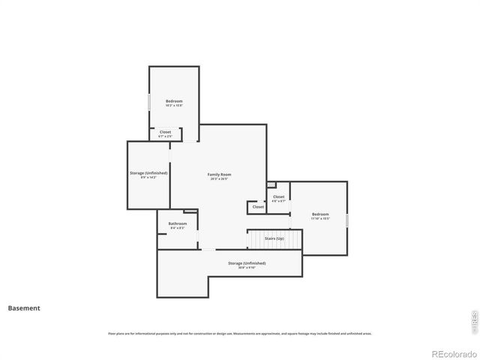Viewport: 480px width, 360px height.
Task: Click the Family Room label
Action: click(x=219, y=174)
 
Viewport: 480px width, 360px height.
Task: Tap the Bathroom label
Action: click(x=178, y=223)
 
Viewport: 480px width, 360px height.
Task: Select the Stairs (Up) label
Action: click(x=274, y=238)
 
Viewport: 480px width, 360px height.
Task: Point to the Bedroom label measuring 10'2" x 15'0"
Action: click(x=174, y=100)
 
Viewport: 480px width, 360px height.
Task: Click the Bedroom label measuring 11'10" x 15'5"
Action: click(x=320, y=214)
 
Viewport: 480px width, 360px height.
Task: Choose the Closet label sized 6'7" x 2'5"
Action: click(x=165, y=132)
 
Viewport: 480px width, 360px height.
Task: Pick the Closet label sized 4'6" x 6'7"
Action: click(x=278, y=196)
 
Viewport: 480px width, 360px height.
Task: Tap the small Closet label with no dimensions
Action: click(x=258, y=207)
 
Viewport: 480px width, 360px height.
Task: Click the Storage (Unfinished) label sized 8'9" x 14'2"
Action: click(x=148, y=172)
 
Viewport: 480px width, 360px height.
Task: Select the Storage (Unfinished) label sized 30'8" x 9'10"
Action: click(x=247, y=263)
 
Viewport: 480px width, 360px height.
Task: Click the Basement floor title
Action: click(x=24, y=307)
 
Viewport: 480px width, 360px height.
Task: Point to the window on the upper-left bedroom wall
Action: click(x=149, y=101)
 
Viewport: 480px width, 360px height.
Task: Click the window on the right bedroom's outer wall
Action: click(x=347, y=220)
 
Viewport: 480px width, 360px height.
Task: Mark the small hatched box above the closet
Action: click(x=271, y=184)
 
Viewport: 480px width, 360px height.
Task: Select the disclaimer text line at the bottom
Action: click(x=240, y=334)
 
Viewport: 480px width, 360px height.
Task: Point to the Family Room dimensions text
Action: click(x=219, y=179)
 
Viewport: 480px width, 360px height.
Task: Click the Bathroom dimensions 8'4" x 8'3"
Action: click(x=178, y=227)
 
